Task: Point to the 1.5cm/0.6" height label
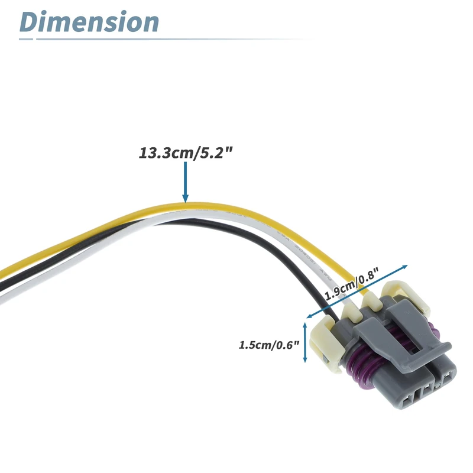pos(270,344)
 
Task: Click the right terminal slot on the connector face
pos(448,378)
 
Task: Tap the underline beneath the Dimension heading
pos(166,40)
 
